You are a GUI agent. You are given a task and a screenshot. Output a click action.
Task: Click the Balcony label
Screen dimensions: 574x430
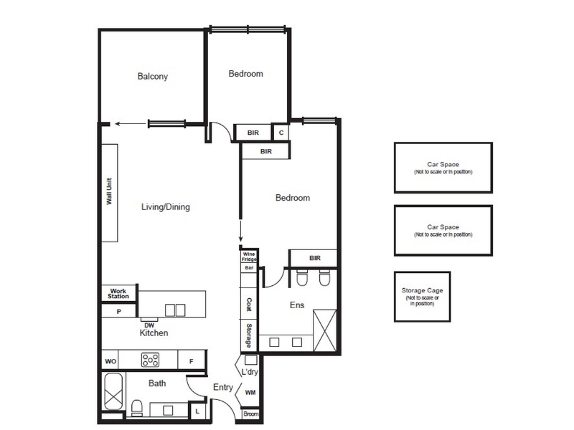153,76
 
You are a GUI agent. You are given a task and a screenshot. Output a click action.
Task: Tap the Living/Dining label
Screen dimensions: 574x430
166,207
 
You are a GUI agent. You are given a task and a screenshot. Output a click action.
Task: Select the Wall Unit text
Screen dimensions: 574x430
109,191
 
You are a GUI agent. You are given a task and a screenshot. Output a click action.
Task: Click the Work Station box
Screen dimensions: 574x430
118,293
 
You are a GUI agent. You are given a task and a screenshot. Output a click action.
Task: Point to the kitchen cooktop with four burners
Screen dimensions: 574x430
151,360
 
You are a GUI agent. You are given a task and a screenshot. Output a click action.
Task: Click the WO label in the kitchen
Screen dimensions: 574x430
110,362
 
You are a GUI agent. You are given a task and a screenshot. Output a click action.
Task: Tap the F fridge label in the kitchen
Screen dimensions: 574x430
191,362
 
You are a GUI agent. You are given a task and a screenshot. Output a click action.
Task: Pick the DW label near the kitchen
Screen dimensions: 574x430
149,325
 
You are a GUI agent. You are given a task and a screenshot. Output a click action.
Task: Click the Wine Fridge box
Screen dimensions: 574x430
249,257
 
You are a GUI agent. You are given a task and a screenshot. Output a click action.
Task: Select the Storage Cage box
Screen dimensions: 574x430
422,297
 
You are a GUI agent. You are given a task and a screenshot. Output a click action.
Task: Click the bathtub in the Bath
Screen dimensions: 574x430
113,391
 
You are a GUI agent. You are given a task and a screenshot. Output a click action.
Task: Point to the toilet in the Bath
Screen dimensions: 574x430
136,408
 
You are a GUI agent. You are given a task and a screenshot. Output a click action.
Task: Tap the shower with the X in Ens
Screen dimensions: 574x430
325,330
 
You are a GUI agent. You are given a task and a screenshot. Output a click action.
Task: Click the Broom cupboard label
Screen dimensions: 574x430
250,414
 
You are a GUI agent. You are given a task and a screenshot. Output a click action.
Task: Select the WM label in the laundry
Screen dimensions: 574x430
250,393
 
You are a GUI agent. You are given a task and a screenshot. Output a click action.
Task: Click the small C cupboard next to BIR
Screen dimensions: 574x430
281,133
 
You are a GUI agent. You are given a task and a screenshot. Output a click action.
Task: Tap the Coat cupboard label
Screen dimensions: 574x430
249,304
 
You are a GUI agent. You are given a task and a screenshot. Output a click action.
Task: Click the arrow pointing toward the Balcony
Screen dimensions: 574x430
131,123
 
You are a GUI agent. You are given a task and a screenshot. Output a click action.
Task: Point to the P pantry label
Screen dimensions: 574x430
118,312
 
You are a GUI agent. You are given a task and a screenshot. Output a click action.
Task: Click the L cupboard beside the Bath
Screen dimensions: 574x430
197,411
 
